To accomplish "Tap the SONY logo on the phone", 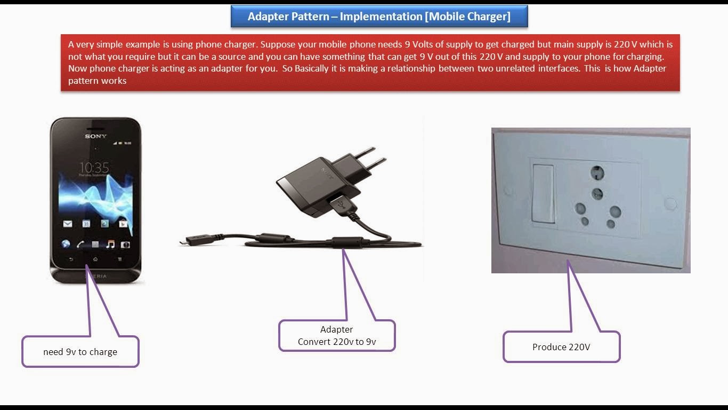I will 95,136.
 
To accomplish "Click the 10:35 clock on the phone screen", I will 94,167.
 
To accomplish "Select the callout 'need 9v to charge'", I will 80,352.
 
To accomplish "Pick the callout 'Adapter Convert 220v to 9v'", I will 337,336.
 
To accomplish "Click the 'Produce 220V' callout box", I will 561,347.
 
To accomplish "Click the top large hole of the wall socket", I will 597,173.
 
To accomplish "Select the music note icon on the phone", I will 110,245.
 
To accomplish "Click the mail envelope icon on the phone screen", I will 68,224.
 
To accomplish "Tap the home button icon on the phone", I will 95,259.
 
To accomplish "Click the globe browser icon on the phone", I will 66,245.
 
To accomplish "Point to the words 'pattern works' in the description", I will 97,81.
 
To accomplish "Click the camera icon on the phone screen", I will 125,245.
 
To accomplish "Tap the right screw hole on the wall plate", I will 670,203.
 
